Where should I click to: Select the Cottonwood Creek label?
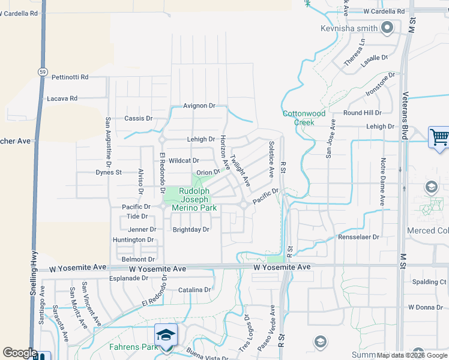click(304, 118)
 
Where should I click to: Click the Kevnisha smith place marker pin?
click(387, 27)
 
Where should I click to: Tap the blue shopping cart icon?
click(439, 137)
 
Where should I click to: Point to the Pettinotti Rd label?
click(70, 77)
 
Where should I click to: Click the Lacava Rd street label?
click(62, 98)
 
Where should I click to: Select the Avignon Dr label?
click(199, 106)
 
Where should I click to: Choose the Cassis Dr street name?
click(139, 119)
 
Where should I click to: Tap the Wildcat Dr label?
click(184, 161)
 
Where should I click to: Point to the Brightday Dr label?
click(191, 229)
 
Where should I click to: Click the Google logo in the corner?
click(20, 353)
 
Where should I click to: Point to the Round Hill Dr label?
click(363, 113)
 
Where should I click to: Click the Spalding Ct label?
click(429, 282)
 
